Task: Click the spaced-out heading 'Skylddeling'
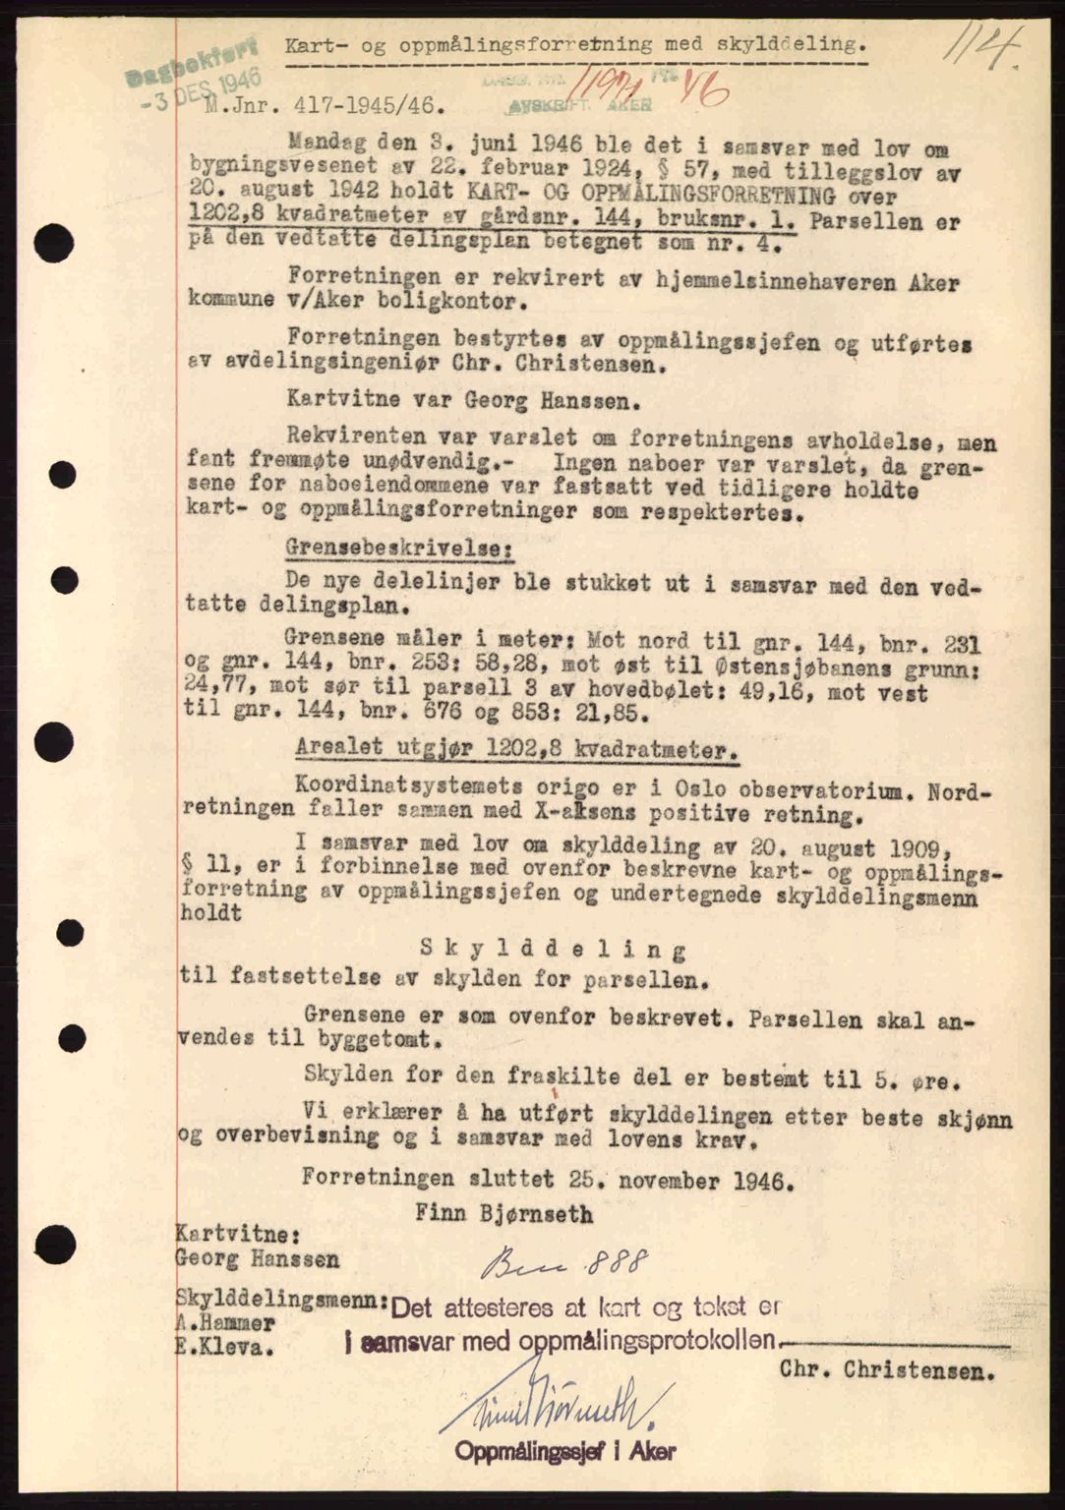[553, 949]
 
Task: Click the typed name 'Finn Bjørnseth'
[503, 1213]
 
